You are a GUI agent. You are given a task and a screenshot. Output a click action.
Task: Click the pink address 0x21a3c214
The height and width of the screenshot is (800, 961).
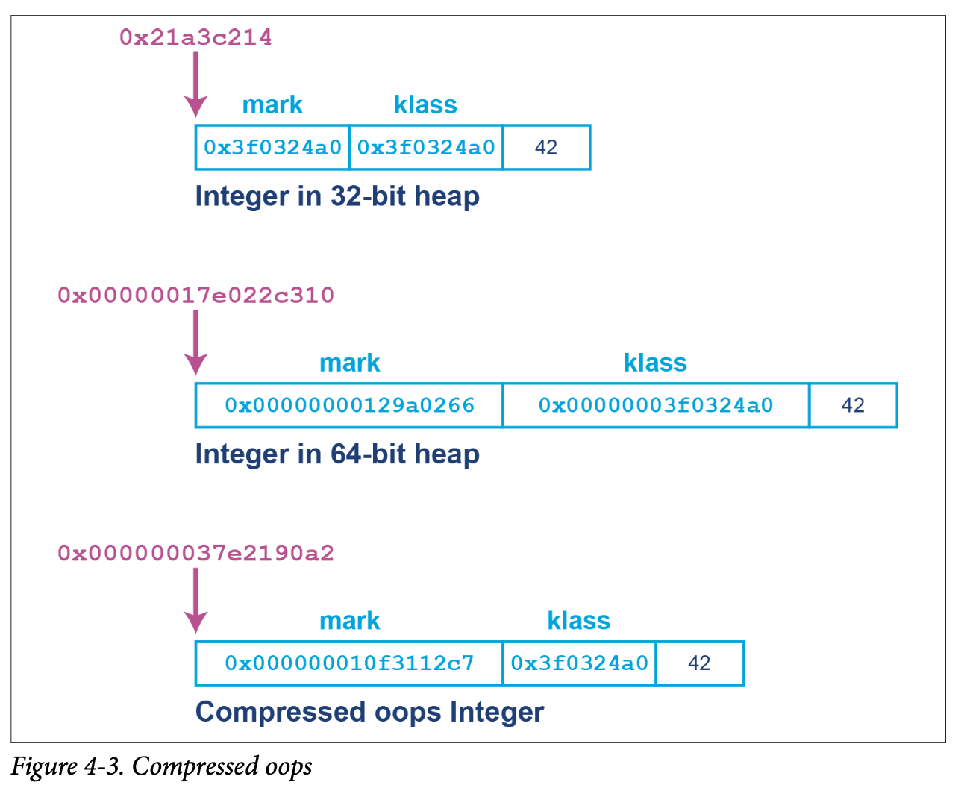coord(195,37)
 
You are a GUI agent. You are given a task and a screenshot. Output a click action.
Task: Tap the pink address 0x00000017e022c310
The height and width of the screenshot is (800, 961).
coord(195,296)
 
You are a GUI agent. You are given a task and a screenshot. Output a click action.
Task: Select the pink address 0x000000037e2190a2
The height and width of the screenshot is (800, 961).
coord(195,553)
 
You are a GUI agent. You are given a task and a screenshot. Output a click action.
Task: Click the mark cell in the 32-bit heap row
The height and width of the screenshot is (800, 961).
coord(272,148)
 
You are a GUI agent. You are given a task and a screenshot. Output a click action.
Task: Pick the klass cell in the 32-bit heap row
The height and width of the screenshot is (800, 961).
coord(426,148)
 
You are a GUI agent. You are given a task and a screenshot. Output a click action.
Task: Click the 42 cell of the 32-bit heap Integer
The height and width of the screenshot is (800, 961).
coord(546,148)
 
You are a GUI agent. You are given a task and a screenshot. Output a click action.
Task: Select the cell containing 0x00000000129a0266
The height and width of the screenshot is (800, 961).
coord(349,405)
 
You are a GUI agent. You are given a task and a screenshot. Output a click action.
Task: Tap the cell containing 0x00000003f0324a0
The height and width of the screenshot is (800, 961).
coord(656,405)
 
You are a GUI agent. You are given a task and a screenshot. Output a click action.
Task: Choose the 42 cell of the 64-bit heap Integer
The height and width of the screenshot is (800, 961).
coord(853,405)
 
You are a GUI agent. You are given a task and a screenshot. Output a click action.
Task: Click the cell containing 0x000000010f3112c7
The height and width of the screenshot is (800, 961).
coord(349,663)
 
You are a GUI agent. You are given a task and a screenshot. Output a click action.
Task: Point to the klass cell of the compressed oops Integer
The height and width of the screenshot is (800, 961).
coord(579,663)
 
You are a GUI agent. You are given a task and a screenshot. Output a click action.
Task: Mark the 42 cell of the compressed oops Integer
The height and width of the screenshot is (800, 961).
coord(699,663)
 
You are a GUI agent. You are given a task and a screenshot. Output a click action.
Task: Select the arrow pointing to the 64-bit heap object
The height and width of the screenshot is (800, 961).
coord(195,343)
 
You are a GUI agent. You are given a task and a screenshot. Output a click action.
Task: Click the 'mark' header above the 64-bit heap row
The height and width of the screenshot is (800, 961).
coord(349,363)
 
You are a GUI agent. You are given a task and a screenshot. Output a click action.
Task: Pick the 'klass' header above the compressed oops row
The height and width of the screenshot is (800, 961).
coord(578,621)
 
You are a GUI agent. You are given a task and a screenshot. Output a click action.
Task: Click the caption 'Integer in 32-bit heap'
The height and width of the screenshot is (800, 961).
coord(336,196)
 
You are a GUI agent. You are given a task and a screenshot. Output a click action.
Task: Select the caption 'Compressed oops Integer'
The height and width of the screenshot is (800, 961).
coord(369,712)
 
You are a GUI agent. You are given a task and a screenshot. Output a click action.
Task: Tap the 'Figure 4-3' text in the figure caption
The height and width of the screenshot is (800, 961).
coord(67,767)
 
